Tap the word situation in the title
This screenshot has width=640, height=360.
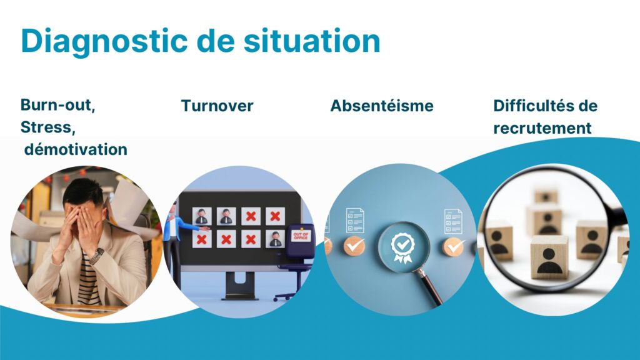(x=312, y=41)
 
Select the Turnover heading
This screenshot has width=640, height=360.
(x=217, y=106)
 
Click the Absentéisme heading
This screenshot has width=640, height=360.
(x=382, y=106)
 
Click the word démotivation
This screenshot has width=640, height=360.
(x=76, y=149)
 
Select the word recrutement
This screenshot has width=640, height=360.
(x=542, y=128)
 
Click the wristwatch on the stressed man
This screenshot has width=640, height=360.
(x=96, y=256)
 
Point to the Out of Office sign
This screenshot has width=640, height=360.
(x=301, y=236)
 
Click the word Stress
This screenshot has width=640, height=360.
(x=47, y=127)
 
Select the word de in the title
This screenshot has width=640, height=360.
(x=216, y=41)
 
